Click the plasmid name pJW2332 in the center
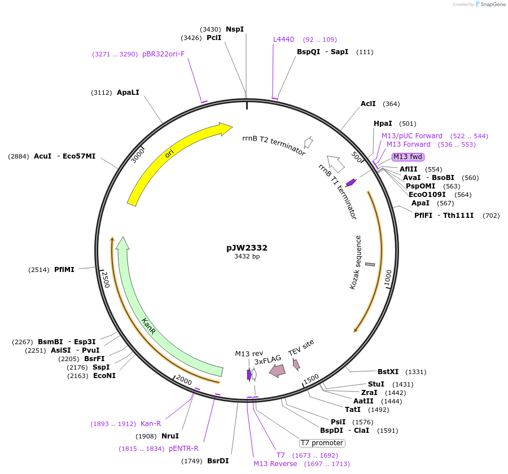[247, 248]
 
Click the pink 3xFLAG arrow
[277, 370]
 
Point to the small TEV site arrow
[296, 365]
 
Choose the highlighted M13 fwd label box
[408, 157]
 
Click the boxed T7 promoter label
[322, 443]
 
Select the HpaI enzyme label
[383, 124]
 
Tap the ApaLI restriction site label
[128, 93]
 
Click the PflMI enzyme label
[64, 270]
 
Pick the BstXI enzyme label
[388, 372]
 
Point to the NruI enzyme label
[170, 436]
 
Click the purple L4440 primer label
[283, 39]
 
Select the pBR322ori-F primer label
[163, 54]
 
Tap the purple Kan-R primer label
[151, 424]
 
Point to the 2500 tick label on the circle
[106, 280]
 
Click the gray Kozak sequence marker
[370, 265]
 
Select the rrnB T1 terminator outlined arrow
[336, 164]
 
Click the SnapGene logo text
[493, 4]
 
